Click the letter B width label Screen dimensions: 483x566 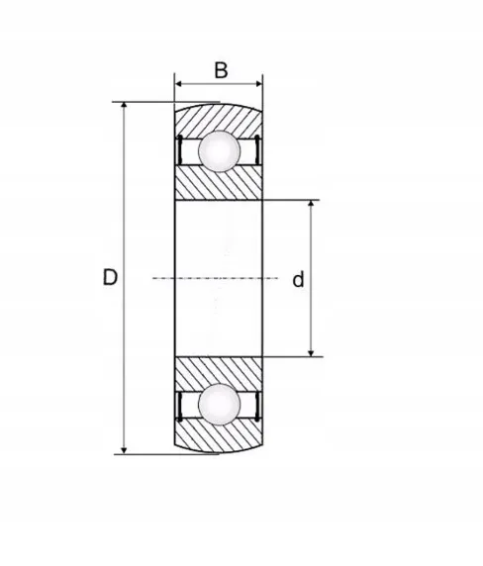221,70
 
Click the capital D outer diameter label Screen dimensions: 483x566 110,277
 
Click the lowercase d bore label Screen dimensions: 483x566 298,279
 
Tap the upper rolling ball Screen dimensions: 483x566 219,151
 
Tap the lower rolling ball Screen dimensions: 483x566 219,405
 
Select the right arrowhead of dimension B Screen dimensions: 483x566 258,84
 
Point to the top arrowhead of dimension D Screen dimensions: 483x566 124,106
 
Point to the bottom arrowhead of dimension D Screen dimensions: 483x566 124,450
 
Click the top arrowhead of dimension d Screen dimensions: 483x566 311,204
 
